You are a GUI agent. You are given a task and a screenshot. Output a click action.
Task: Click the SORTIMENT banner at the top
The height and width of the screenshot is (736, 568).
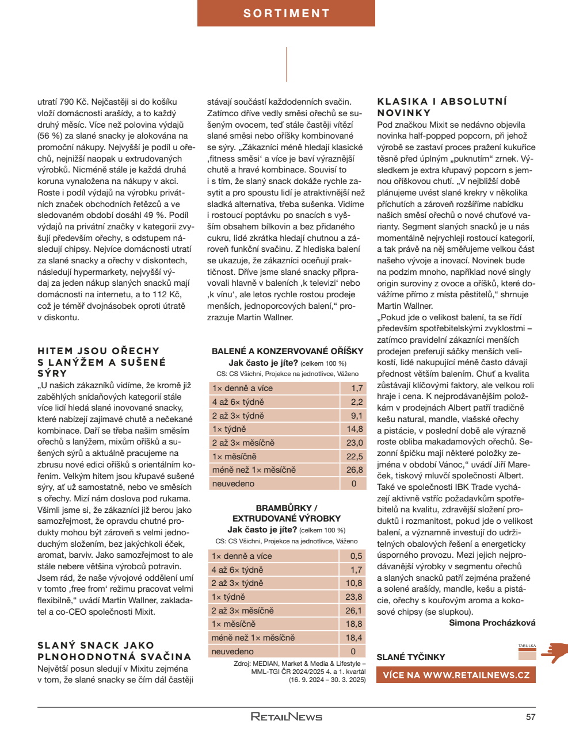tap(286, 13)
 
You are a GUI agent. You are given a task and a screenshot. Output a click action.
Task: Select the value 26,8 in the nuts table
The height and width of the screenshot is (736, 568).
tap(354, 470)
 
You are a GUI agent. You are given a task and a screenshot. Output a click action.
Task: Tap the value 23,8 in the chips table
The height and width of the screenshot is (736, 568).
tap(354, 597)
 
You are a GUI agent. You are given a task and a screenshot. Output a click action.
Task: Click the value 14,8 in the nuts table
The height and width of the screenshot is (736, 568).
tap(354, 429)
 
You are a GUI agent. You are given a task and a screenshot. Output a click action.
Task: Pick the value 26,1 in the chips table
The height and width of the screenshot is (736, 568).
tap(354, 611)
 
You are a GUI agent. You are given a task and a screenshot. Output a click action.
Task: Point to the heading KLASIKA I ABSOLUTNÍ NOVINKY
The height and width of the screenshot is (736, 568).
tap(442, 107)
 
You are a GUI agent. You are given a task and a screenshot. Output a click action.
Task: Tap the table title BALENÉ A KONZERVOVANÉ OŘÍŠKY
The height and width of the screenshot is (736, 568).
tap(287, 351)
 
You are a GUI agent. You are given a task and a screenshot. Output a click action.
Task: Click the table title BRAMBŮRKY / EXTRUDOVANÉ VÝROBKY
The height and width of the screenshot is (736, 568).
tap(286, 513)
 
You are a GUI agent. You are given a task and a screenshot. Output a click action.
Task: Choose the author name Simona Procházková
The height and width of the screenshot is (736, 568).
tap(492, 623)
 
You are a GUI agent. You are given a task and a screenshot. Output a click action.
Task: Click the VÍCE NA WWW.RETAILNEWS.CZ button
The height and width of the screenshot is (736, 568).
tap(456, 675)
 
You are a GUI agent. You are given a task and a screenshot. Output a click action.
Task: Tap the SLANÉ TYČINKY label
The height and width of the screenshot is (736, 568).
tap(410, 657)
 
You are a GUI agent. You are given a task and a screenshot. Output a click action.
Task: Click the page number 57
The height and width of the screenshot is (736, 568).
tap(531, 717)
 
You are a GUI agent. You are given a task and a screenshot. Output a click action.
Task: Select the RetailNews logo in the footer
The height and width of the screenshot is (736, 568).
tap(287, 716)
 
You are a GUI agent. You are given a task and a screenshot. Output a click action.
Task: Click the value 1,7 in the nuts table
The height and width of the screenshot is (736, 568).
tap(357, 388)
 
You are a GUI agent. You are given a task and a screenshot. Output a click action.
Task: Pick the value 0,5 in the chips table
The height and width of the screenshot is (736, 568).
tap(356, 556)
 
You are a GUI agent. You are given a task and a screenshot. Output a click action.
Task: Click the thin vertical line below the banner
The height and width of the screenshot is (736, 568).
tap(287, 64)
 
